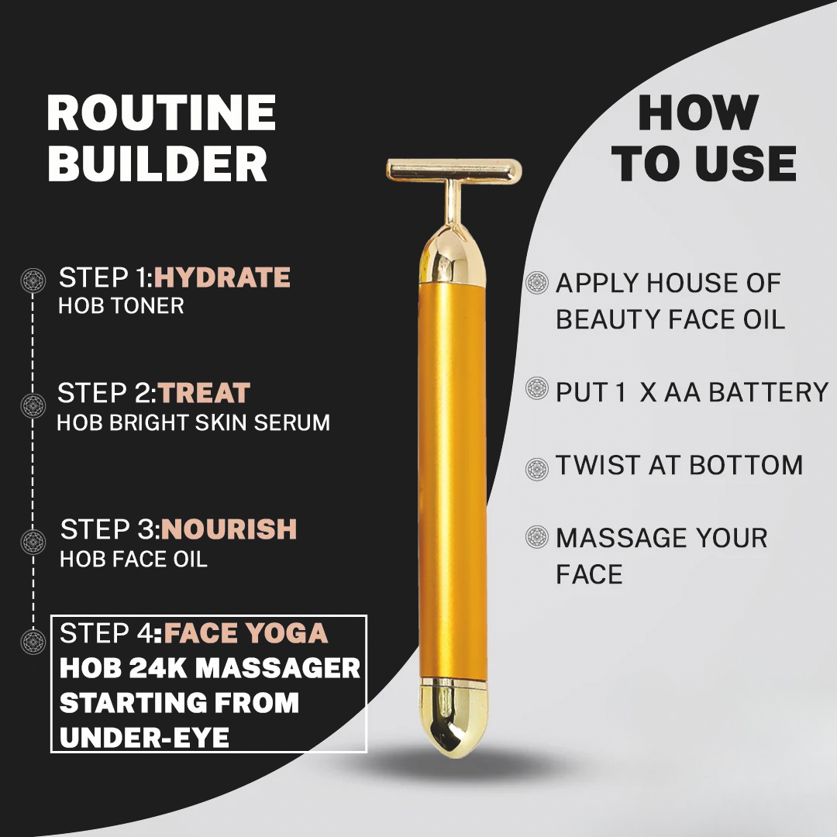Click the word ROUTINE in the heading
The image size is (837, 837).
161,113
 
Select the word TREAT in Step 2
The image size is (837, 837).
205,393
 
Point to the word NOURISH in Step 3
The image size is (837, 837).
229,529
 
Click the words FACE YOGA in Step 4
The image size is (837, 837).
246,634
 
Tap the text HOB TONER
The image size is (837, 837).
121,306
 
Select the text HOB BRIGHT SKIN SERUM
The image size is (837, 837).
194,422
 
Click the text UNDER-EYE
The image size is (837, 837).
144,738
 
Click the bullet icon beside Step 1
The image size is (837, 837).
33,280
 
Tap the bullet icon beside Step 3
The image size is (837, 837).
33,540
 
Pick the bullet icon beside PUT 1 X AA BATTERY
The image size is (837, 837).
537,388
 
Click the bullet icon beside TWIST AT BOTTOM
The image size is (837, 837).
537,468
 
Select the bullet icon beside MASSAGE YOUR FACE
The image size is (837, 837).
537,536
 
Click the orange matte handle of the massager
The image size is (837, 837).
454,480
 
